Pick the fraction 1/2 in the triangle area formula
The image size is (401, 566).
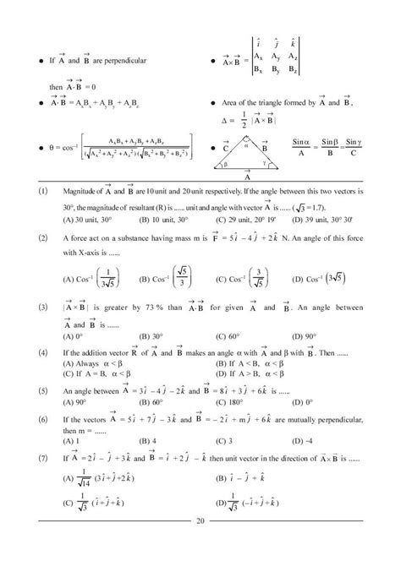pyautogui.click(x=241, y=122)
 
